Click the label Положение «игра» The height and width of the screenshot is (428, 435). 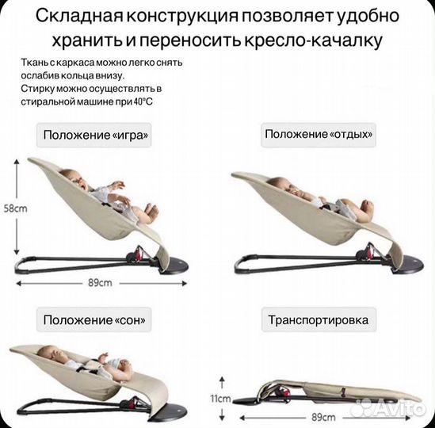(x=93, y=136)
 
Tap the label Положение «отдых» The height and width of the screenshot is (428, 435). (x=318, y=135)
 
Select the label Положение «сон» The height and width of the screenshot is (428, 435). (x=95, y=320)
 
